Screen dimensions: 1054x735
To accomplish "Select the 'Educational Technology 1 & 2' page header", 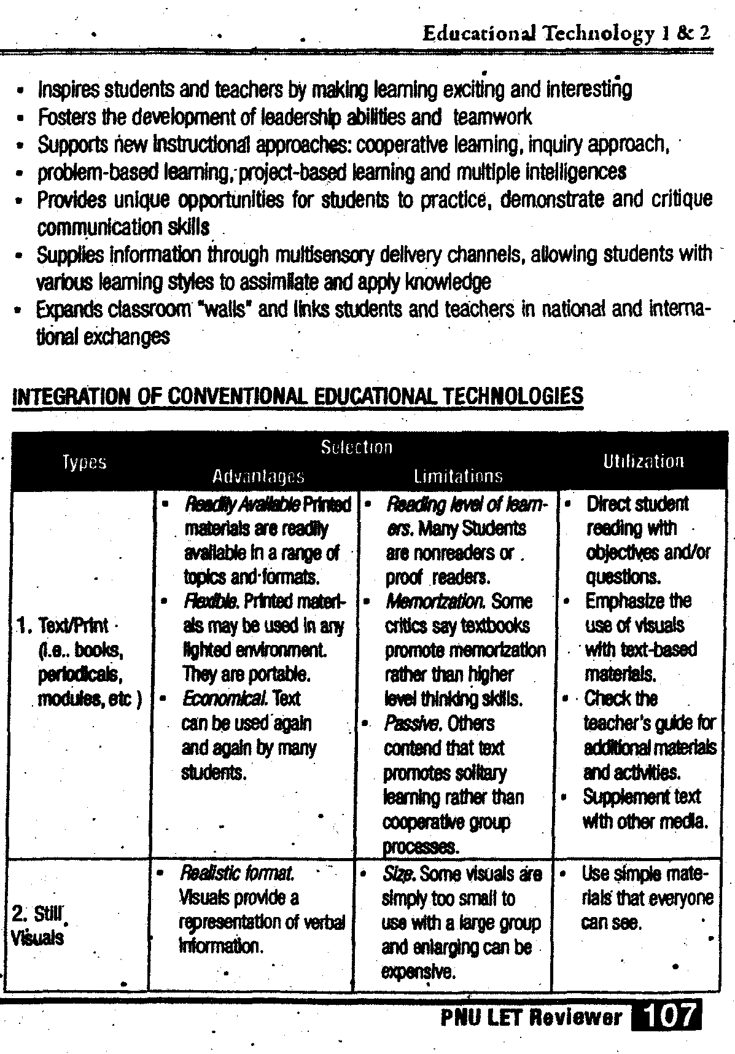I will point(566,33).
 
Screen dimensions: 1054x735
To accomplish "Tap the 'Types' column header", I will point(85,462).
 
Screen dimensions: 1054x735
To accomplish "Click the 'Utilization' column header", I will point(643,461).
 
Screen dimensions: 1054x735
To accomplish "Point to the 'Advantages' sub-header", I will point(258,477).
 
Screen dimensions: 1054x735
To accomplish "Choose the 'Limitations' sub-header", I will point(458,477).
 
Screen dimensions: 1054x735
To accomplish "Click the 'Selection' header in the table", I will point(356,447).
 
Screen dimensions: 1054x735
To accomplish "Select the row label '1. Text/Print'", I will point(73,626).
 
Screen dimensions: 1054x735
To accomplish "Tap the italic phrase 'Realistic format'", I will point(236,873).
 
